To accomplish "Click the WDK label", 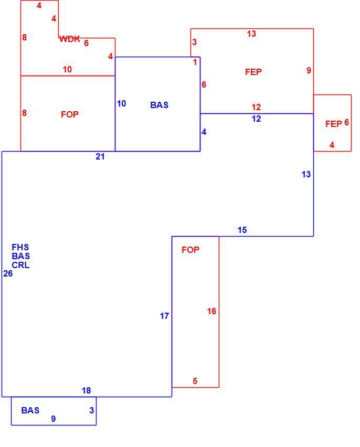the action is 70,39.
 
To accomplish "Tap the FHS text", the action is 20,247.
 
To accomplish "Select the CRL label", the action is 20,265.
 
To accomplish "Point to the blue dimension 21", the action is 100,156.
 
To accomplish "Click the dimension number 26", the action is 8,274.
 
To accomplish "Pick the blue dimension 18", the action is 86,390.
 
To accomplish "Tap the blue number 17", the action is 164,316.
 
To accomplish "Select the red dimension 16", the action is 211,311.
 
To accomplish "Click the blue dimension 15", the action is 242,230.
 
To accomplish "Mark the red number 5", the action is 195,381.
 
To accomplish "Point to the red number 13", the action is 251,34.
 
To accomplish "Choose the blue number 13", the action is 306,174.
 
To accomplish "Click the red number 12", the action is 256,107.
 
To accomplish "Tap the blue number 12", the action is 257,119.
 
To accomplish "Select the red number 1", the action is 195,62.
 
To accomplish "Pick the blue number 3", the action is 91,410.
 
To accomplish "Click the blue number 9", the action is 54,419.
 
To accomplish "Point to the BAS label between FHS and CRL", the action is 21,256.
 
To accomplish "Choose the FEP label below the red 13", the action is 253,72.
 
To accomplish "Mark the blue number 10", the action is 122,103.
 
